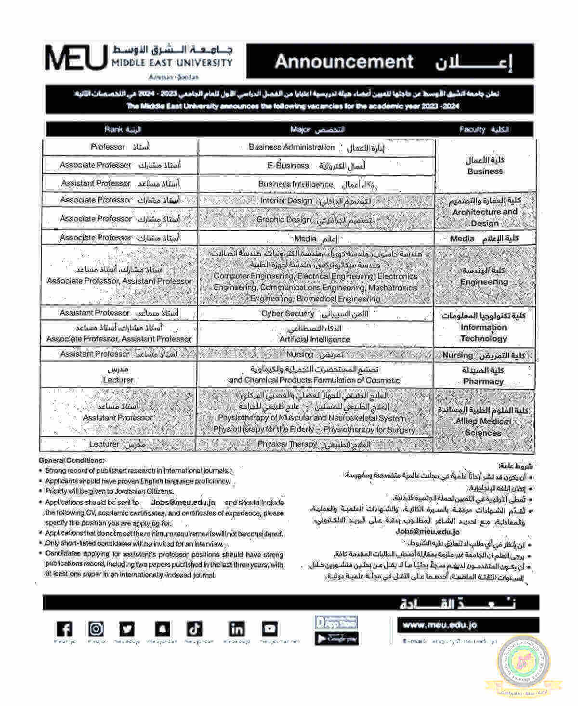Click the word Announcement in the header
click(x=344, y=62)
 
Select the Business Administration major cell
click(x=316, y=147)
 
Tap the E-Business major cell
click(x=316, y=166)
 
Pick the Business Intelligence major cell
click(x=316, y=184)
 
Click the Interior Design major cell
click(x=316, y=200)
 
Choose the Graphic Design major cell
click(x=316, y=220)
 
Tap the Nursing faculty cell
click(x=484, y=355)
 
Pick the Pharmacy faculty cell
click(x=484, y=376)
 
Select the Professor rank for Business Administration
click(x=120, y=147)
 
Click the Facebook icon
click(x=64, y=629)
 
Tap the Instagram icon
click(x=96, y=629)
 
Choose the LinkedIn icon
click(x=236, y=629)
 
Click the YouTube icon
click(x=270, y=629)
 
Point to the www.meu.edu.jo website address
click(x=440, y=625)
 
